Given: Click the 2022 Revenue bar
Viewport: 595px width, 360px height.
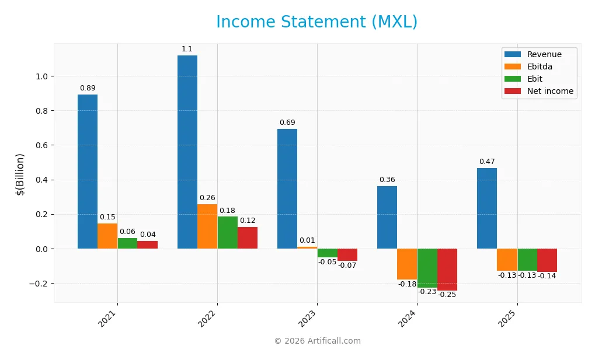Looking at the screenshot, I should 187,152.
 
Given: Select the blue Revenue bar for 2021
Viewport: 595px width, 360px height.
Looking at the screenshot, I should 88,172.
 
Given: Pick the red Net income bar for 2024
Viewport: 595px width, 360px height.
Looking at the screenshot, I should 447,270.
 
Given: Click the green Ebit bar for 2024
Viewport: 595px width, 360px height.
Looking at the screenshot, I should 427,268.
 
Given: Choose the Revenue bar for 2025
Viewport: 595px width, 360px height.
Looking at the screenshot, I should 487,208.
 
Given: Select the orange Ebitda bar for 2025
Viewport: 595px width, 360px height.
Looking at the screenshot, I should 507,260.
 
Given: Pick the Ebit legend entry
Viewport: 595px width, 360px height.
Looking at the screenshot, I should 534,79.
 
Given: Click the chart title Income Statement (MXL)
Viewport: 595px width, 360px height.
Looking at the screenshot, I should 317,22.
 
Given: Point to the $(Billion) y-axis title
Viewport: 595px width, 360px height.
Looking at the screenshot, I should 20,174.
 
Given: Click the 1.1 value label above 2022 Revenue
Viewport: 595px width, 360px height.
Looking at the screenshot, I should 187,49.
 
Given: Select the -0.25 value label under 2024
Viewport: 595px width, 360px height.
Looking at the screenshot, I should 448,295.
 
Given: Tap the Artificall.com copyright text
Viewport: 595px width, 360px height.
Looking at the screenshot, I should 318,341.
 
